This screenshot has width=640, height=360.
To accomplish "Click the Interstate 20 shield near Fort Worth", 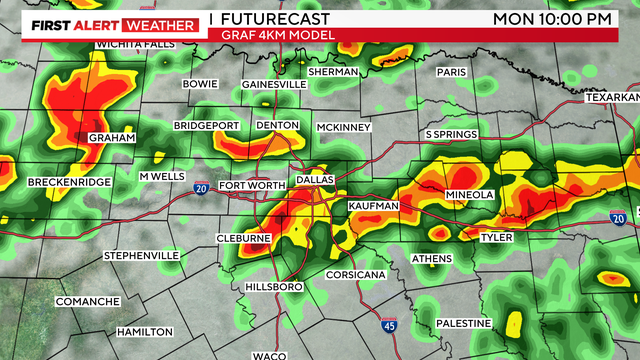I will pyautogui.click(x=202, y=188).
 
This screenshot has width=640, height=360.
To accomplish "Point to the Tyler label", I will pyautogui.click(x=496, y=238).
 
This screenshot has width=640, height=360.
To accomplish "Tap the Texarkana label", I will pyautogui.click(x=613, y=97).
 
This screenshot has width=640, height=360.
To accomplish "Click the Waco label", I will pyautogui.click(x=269, y=355).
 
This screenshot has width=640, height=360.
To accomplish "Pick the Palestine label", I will pyautogui.click(x=464, y=323).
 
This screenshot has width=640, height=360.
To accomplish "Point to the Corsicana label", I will pyautogui.click(x=354, y=274).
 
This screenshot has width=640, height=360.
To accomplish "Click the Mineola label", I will pyautogui.click(x=468, y=194).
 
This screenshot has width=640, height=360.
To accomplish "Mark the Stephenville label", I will pyautogui.click(x=141, y=256).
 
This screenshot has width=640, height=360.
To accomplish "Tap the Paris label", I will pyautogui.click(x=452, y=72).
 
